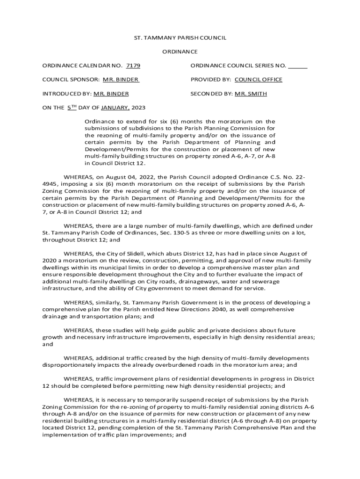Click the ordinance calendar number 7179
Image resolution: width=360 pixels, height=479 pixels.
click(x=134, y=66)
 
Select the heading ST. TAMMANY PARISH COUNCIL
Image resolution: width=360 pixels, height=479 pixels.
click(x=180, y=38)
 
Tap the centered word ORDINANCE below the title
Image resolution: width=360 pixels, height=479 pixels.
click(x=180, y=52)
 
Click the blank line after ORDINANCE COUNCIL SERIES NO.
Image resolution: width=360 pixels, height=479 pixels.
click(x=298, y=66)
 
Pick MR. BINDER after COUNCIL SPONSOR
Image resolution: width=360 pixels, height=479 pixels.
click(x=121, y=80)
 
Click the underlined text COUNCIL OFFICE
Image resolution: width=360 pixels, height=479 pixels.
click(x=259, y=80)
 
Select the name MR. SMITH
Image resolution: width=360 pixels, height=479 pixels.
click(x=251, y=94)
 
